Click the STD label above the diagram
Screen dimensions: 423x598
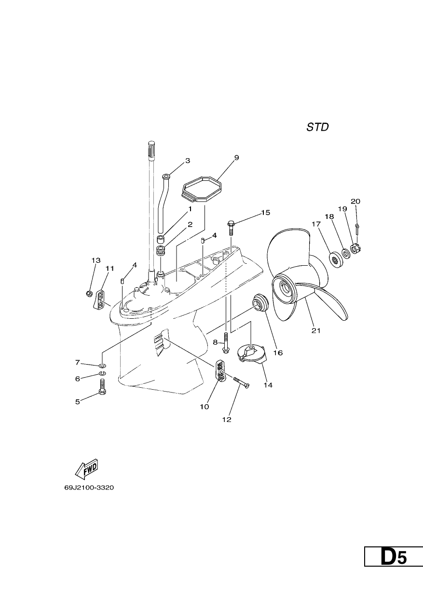(x=317, y=127)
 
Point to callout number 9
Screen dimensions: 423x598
(x=236, y=158)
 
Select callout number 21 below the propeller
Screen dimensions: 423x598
(x=316, y=331)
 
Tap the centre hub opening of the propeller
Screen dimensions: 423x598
(x=285, y=289)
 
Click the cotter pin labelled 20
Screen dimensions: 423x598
(x=357, y=229)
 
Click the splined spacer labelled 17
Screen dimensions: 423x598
(x=335, y=260)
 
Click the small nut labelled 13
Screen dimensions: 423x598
(x=89, y=294)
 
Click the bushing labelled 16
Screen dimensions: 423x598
(x=259, y=302)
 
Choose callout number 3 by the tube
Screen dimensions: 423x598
(x=188, y=161)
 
